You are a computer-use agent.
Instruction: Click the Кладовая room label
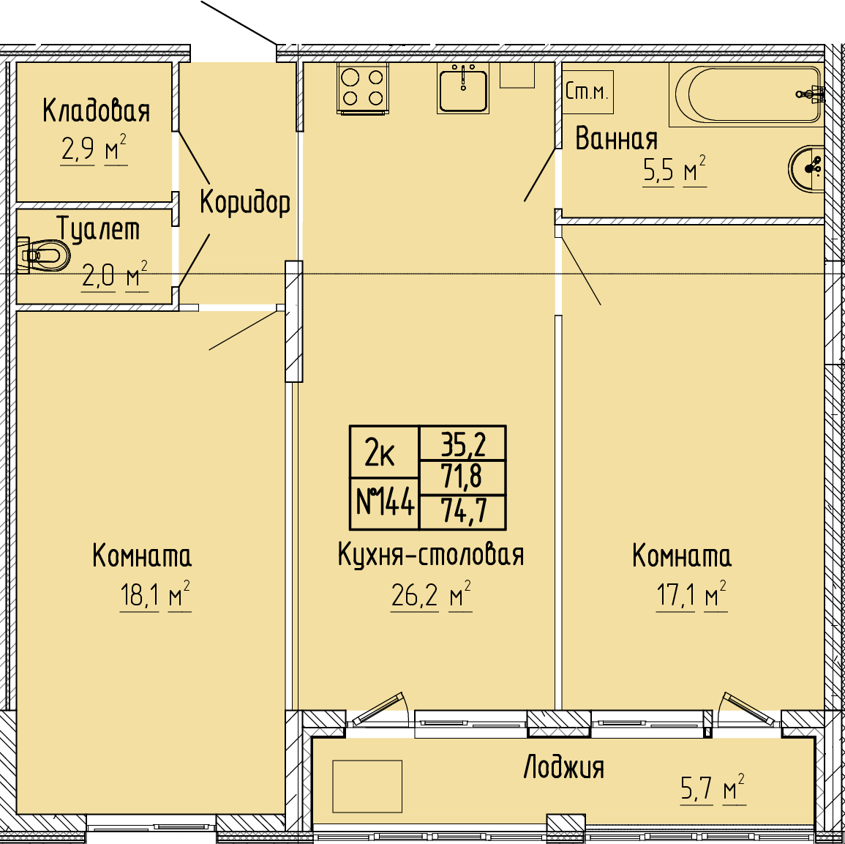point(96,111)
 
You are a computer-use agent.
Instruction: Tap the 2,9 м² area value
point(94,149)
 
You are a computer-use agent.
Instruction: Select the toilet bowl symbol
point(43,255)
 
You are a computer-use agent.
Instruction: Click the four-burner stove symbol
point(363,88)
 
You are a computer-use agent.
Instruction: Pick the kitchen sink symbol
point(463,88)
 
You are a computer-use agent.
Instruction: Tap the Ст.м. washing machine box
point(587,92)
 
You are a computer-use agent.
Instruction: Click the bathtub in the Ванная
point(747,95)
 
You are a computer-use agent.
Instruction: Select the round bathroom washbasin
point(806,168)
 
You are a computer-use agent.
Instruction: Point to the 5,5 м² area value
point(674,171)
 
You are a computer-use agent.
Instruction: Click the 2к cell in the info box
point(384,452)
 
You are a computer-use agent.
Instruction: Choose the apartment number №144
point(385,503)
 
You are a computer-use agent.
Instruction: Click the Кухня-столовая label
point(431,555)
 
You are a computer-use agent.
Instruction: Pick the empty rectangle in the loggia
point(367,786)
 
